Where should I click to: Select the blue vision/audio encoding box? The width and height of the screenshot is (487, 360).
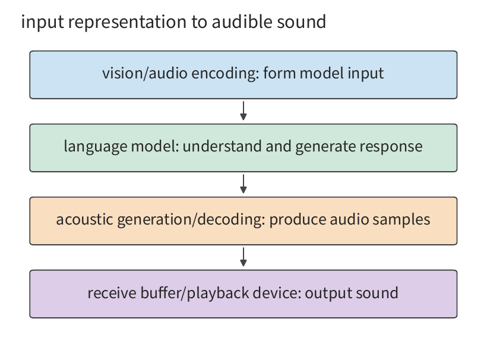click(x=243, y=75)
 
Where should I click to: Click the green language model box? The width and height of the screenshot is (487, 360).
click(x=243, y=148)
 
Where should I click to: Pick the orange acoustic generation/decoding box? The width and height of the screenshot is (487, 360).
click(x=243, y=221)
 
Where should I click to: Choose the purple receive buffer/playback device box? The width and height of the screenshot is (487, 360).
click(x=243, y=294)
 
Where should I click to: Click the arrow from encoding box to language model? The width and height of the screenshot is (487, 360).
click(x=243, y=111)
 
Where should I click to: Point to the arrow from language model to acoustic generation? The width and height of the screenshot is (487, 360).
click(x=243, y=184)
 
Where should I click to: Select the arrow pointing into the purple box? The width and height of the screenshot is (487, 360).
click(x=243, y=257)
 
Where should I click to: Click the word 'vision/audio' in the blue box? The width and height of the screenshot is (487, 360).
click(x=145, y=73)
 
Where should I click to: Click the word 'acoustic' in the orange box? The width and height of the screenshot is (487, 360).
click(x=84, y=219)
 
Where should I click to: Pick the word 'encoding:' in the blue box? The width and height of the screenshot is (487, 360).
click(x=226, y=74)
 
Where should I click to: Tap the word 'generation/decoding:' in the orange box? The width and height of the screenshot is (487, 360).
click(x=191, y=220)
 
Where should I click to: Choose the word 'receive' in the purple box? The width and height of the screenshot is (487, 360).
click(x=112, y=293)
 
